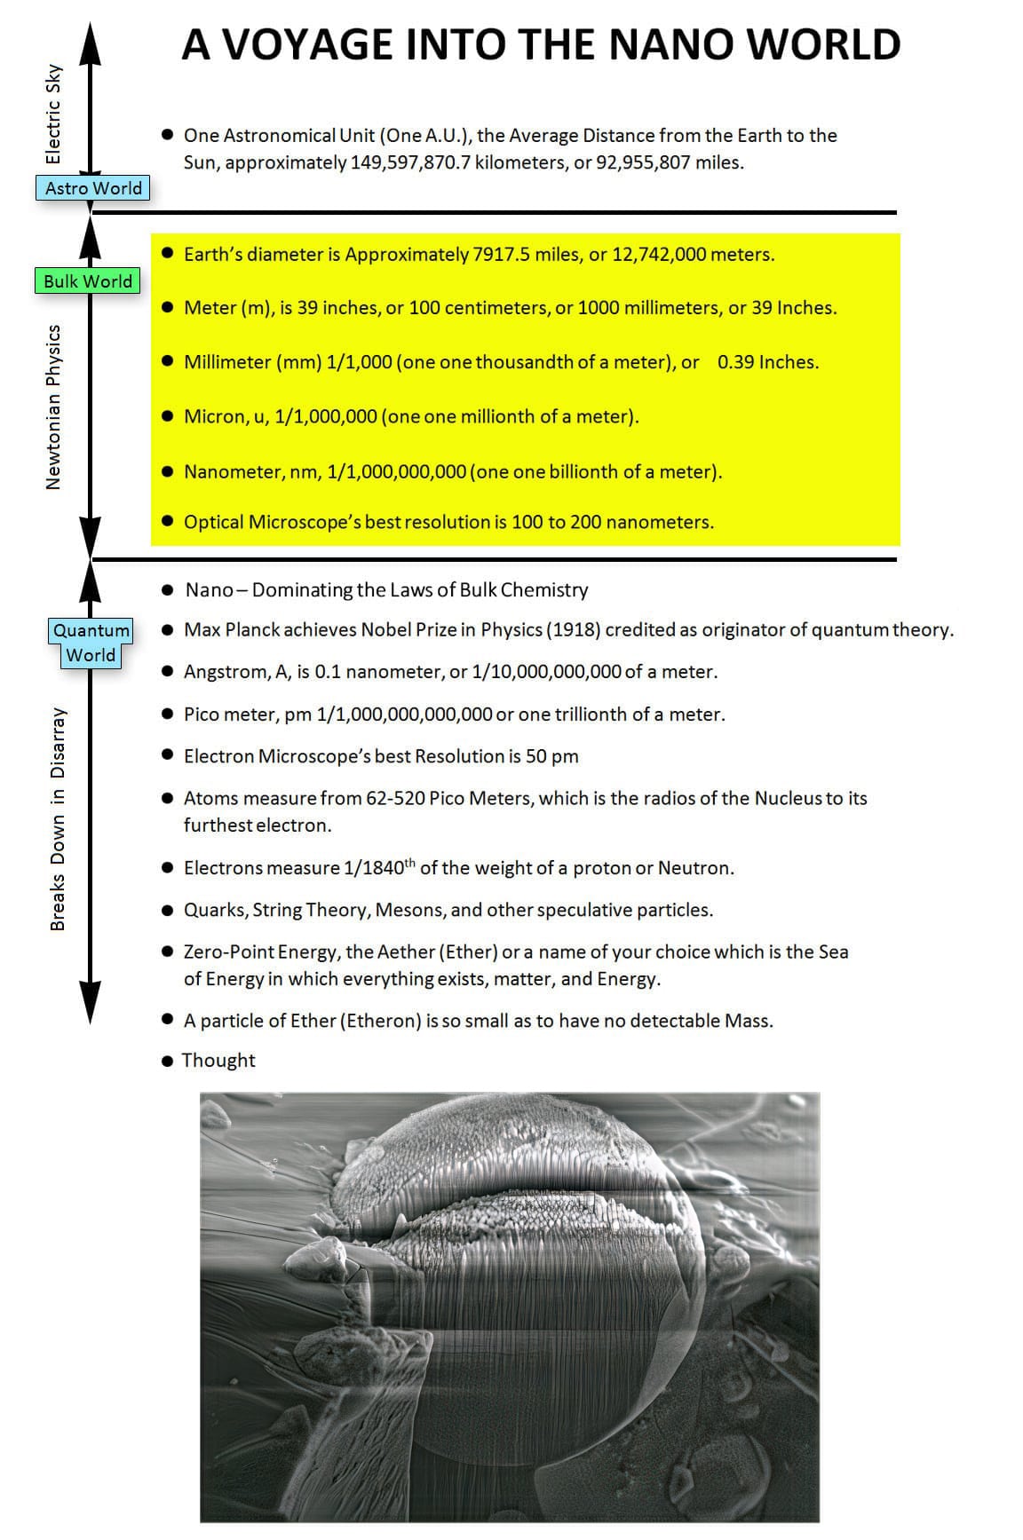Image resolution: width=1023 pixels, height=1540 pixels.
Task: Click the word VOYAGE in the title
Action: click(307, 45)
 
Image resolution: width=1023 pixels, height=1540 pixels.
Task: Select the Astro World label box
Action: click(93, 188)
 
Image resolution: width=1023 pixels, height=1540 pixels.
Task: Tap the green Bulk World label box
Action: click(87, 281)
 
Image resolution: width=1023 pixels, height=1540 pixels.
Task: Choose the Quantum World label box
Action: click(91, 643)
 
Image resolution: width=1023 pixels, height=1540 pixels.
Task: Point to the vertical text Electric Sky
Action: click(54, 114)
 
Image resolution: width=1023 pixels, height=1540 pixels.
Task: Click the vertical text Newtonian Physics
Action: click(54, 407)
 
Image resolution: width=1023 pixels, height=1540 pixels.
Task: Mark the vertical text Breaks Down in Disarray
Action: click(58, 818)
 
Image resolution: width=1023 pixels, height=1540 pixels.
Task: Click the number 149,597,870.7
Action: click(410, 162)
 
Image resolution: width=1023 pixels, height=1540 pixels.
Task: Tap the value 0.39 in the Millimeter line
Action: click(735, 362)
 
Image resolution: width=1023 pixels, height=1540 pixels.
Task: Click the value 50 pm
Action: click(551, 756)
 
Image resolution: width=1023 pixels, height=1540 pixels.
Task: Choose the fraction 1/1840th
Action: click(378, 867)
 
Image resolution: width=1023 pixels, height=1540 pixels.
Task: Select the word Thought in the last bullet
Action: click(218, 1061)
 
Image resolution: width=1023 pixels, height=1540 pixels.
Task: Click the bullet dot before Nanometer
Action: click(168, 471)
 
